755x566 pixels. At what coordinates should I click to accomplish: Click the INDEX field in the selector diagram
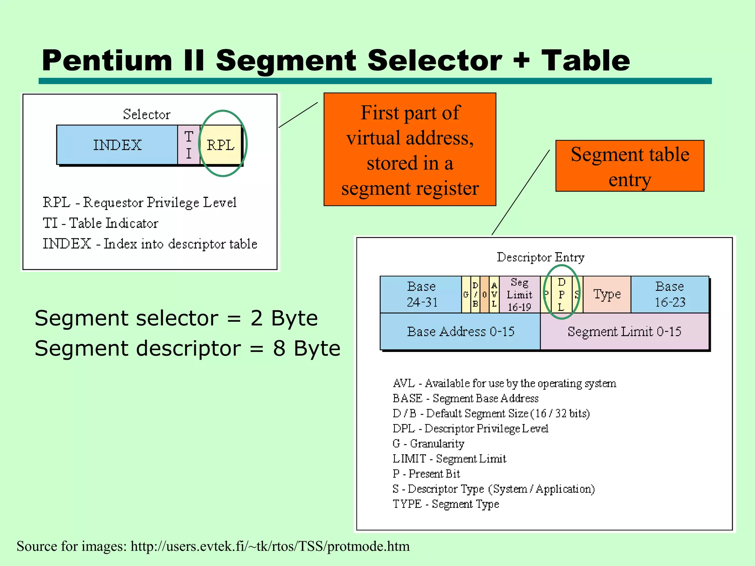click(x=117, y=145)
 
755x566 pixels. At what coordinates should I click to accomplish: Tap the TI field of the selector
click(x=188, y=145)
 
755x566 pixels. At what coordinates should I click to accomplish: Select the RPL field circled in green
click(x=220, y=145)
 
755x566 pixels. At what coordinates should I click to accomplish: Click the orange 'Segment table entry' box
click(x=630, y=166)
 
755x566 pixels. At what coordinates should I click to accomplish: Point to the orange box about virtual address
click(x=410, y=149)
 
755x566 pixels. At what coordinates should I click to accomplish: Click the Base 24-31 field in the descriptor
click(x=421, y=294)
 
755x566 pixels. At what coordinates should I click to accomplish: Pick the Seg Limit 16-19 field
click(x=519, y=294)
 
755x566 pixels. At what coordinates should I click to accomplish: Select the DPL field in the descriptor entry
click(x=561, y=294)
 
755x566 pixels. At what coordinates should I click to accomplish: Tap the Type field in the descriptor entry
click(x=607, y=294)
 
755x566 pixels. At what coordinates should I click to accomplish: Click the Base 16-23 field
click(x=669, y=294)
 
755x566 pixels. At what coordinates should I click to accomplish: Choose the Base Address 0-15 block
click(x=460, y=331)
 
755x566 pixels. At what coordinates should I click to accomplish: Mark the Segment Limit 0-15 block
click(x=624, y=331)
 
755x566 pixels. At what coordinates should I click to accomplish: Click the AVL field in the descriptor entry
click(x=494, y=294)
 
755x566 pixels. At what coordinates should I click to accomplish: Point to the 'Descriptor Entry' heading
click(x=540, y=257)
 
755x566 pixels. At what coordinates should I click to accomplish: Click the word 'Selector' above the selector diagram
click(x=146, y=114)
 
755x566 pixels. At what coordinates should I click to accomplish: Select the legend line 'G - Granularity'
click(x=428, y=443)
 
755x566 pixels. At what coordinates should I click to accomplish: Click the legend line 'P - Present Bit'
click(x=426, y=474)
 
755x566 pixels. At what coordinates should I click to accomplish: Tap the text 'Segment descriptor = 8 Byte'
click(x=187, y=348)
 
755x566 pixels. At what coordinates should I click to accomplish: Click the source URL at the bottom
click(x=270, y=546)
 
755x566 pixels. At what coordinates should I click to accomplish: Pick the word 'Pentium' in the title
click(x=107, y=61)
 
